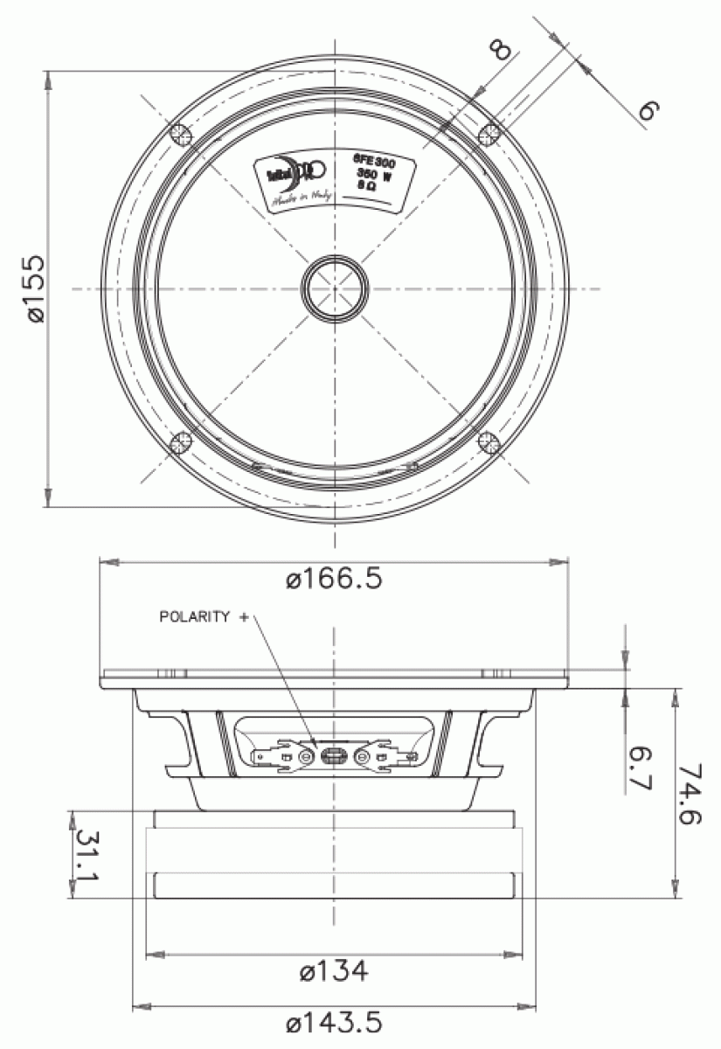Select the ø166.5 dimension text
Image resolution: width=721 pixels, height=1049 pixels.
(x=334, y=580)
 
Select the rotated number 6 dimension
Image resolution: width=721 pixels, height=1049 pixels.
(x=648, y=110)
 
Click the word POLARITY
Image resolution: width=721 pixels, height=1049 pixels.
(x=194, y=616)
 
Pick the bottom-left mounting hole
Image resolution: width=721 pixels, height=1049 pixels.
(x=181, y=442)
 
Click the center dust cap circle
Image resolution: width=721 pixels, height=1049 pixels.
(x=335, y=288)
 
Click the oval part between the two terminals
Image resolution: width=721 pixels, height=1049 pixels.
(x=334, y=756)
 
